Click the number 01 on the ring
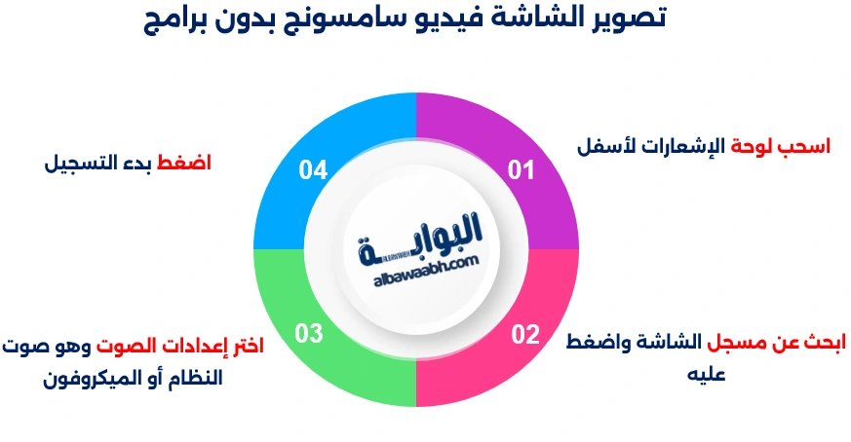tap(522, 170)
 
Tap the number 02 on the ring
tap(525, 335)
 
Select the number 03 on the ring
tap(309, 335)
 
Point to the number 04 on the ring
tap(313, 170)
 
